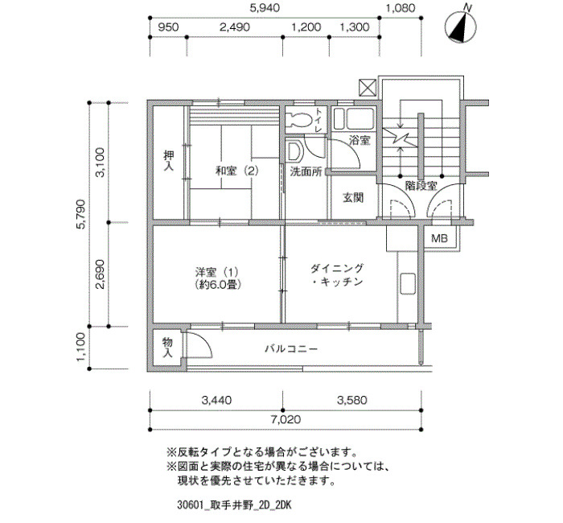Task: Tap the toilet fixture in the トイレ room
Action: [299, 119]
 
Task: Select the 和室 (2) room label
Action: [237, 171]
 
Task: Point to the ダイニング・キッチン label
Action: [337, 275]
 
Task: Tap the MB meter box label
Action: [439, 238]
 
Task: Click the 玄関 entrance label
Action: [353, 198]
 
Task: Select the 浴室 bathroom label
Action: [360, 141]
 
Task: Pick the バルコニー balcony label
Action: [291, 348]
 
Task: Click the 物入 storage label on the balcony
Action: [167, 348]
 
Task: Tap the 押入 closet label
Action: [169, 161]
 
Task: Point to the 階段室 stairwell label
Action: [421, 186]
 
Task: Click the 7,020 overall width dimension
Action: [286, 419]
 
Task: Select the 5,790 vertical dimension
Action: [81, 214]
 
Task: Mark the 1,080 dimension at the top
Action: [401, 8]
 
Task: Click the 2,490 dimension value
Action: [235, 27]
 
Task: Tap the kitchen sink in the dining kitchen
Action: [408, 284]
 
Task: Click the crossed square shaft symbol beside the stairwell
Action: [368, 88]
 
